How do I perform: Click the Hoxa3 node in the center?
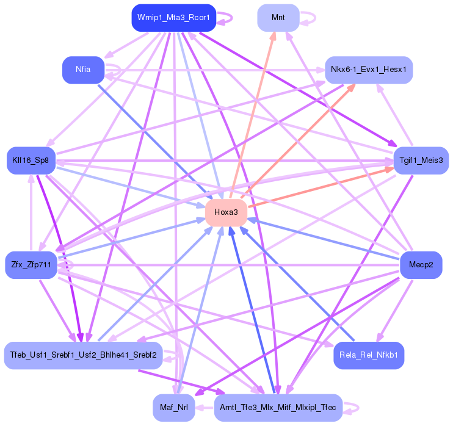coord(226,212)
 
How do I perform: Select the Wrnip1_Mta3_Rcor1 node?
coord(174,18)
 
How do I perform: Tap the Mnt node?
coord(278,18)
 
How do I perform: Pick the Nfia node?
coord(83,70)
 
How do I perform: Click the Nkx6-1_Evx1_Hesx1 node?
coord(369,70)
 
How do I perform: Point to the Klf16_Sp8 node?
coord(31,161)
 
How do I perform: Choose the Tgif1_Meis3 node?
coord(421,161)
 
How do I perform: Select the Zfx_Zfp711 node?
coord(31,265)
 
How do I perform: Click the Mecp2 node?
coord(421,265)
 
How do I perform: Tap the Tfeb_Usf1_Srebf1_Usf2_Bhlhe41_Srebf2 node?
coord(83,355)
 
